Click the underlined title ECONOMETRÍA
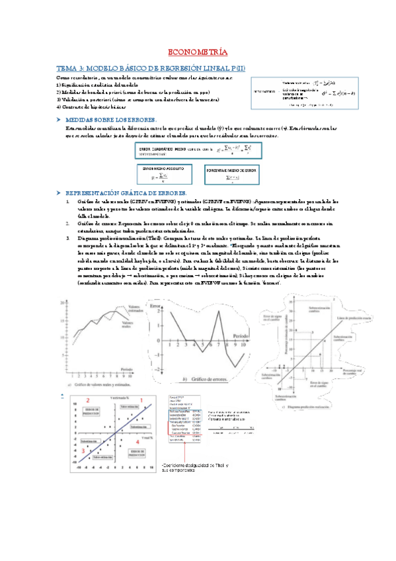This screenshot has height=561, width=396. [x=198, y=52]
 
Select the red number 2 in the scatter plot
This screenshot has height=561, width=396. [x=88, y=400]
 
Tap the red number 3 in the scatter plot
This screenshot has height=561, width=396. [x=84, y=450]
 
